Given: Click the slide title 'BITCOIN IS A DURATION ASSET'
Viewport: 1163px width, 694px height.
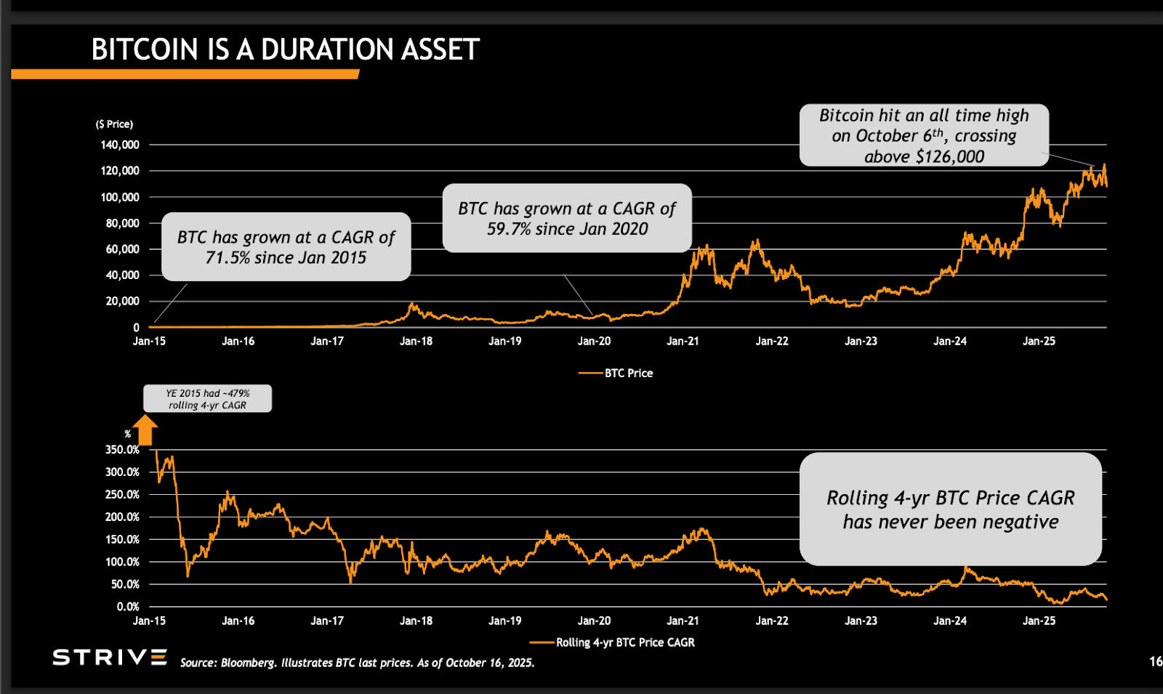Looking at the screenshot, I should tap(285, 49).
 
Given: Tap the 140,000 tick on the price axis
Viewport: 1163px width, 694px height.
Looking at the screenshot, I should tap(120, 145).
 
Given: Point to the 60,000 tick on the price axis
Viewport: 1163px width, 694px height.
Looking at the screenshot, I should tap(122, 249).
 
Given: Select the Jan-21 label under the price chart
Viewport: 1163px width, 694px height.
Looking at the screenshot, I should tap(683, 341).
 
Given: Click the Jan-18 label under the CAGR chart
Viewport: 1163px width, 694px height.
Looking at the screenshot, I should tap(416, 621).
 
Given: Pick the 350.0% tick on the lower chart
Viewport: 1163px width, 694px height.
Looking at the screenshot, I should tap(122, 450).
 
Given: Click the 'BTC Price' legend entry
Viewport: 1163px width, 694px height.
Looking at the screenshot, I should tap(628, 373).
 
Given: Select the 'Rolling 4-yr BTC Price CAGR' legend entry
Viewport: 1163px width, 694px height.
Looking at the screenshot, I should tap(624, 642).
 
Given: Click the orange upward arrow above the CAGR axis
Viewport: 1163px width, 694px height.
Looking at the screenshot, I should tap(145, 429).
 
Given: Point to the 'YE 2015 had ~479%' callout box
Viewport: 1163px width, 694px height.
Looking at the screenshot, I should tap(207, 399).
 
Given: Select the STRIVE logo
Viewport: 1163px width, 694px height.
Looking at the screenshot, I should tap(110, 658).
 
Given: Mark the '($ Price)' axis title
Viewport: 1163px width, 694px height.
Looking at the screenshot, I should tap(114, 124).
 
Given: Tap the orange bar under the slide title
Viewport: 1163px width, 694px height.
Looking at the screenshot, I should tap(185, 74).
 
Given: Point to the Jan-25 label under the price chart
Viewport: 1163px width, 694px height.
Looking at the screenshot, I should tap(1039, 341).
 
